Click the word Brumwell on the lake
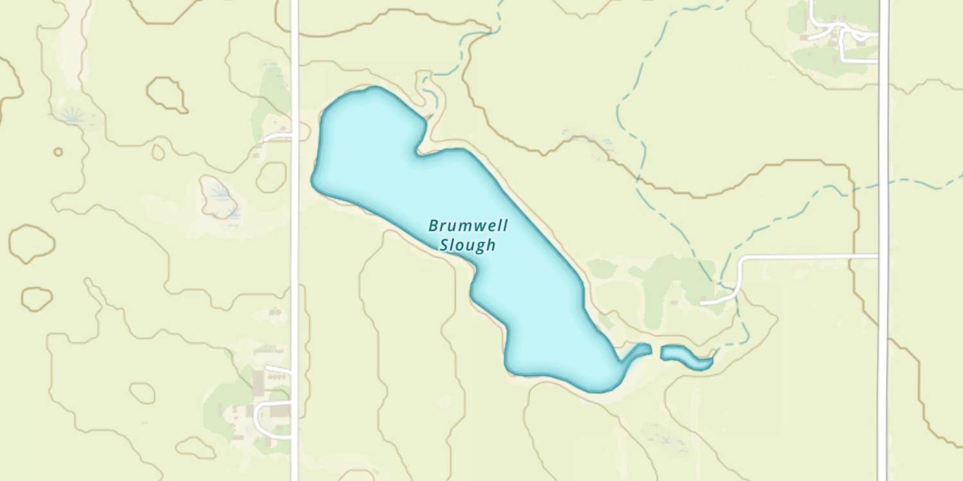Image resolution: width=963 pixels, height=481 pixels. coord(468,226)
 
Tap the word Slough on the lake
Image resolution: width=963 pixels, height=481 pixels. coord(468,245)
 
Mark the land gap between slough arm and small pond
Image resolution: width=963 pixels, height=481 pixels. coord(656,350)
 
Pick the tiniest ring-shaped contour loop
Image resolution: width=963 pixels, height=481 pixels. coord(58,152)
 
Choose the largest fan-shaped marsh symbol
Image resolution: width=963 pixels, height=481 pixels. coord(73,115)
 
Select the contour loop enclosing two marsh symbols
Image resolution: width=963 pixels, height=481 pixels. coord(218,197)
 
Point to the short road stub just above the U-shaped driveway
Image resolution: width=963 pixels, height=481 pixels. coord(278,369)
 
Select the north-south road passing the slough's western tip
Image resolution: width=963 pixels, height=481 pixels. coord(295,257)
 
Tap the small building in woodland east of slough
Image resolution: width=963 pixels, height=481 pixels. coord(674,301)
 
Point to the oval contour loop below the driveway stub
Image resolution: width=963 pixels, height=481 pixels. coord(272,177)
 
